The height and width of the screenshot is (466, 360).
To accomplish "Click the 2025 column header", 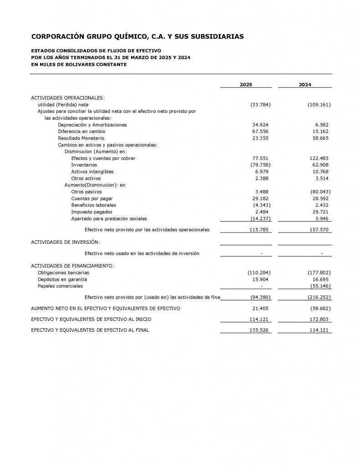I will click(x=246, y=85).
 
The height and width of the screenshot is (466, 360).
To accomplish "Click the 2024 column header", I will click(x=305, y=85).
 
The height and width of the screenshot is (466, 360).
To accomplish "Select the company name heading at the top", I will click(x=137, y=36).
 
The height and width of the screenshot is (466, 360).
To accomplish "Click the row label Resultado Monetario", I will click(x=81, y=138).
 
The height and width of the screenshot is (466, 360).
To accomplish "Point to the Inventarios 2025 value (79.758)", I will click(x=260, y=165).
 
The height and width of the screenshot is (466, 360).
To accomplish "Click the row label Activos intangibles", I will click(x=92, y=172).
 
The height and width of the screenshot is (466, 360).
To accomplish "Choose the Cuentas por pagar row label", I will click(x=92, y=199).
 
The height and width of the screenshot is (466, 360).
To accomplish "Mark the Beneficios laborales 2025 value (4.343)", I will click(x=262, y=205).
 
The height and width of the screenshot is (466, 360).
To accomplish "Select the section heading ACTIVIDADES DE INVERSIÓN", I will click(x=65, y=242).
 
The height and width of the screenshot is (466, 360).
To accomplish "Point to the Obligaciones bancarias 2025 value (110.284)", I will click(x=259, y=273).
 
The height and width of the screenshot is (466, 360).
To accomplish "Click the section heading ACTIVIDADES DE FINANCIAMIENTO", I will click(x=72, y=266).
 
